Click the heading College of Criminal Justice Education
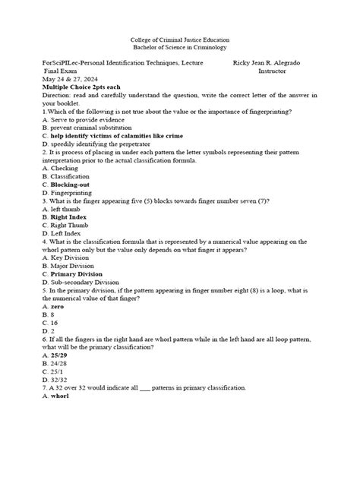click(180, 39)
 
